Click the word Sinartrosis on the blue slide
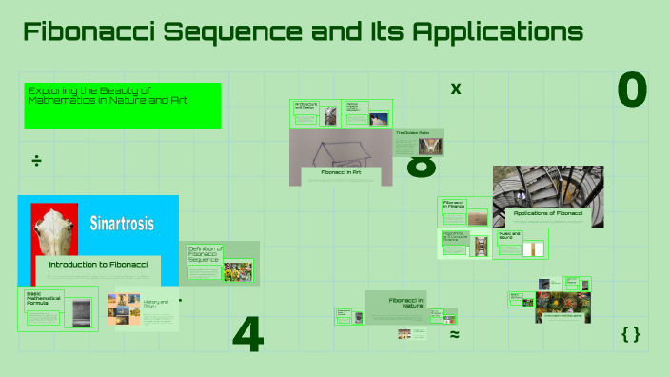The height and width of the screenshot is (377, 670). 122,225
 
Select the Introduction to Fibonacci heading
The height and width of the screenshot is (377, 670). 98,264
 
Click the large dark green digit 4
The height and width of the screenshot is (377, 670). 247,334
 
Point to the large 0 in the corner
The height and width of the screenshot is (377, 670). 632,90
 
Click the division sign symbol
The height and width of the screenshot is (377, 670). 36,160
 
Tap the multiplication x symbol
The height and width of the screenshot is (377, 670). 456,89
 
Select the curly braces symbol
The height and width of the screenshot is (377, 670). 630,334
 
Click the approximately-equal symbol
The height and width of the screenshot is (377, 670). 455,335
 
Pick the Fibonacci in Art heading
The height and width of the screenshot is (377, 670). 341,172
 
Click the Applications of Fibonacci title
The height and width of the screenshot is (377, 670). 542,213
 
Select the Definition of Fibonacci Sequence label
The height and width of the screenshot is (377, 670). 205,253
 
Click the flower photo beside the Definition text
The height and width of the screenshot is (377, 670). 237,272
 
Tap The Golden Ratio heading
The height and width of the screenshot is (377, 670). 412,133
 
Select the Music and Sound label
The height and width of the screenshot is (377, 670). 511,234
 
